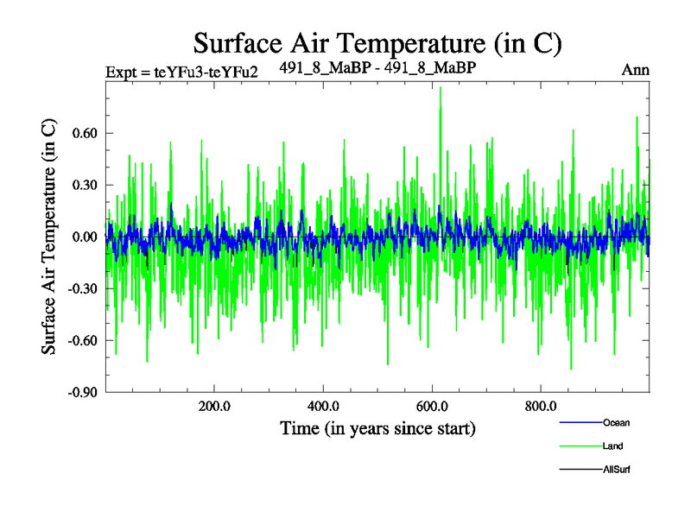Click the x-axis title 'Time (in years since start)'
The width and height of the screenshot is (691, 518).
377,428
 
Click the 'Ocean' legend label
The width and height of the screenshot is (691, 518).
616,422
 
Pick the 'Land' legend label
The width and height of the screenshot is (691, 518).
612,446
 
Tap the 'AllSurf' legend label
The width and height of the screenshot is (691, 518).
617,471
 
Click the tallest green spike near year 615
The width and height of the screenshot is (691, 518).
441,88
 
